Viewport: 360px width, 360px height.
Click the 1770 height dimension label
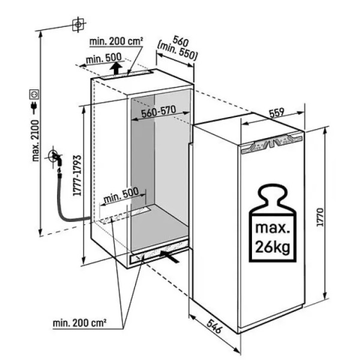(x=320, y=217)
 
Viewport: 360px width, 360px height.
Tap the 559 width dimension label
(x=277, y=113)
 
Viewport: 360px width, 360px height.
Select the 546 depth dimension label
(x=214, y=326)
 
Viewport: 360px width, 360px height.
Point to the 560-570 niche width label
(x=158, y=112)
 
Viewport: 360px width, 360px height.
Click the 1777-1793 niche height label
(x=77, y=175)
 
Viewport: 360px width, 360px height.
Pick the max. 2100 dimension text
(x=35, y=140)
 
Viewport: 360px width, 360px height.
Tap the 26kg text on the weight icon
(x=272, y=247)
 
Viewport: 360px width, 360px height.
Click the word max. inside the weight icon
(x=272, y=228)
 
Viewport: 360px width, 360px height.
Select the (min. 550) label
(x=177, y=52)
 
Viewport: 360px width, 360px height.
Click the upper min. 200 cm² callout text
(x=116, y=41)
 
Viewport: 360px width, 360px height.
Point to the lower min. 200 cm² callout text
(x=80, y=323)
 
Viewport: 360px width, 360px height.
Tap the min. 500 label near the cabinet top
(x=104, y=59)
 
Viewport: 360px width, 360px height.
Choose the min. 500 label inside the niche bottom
(x=121, y=196)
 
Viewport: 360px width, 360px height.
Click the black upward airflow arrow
(x=116, y=68)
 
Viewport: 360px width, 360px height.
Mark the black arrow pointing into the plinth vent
(x=169, y=257)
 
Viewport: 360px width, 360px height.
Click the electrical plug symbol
(x=34, y=107)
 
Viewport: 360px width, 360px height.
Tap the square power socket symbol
(x=34, y=95)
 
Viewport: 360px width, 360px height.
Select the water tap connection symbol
(x=56, y=157)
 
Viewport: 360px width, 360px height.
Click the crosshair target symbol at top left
(x=78, y=25)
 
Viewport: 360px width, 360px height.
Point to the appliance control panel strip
(x=271, y=144)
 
